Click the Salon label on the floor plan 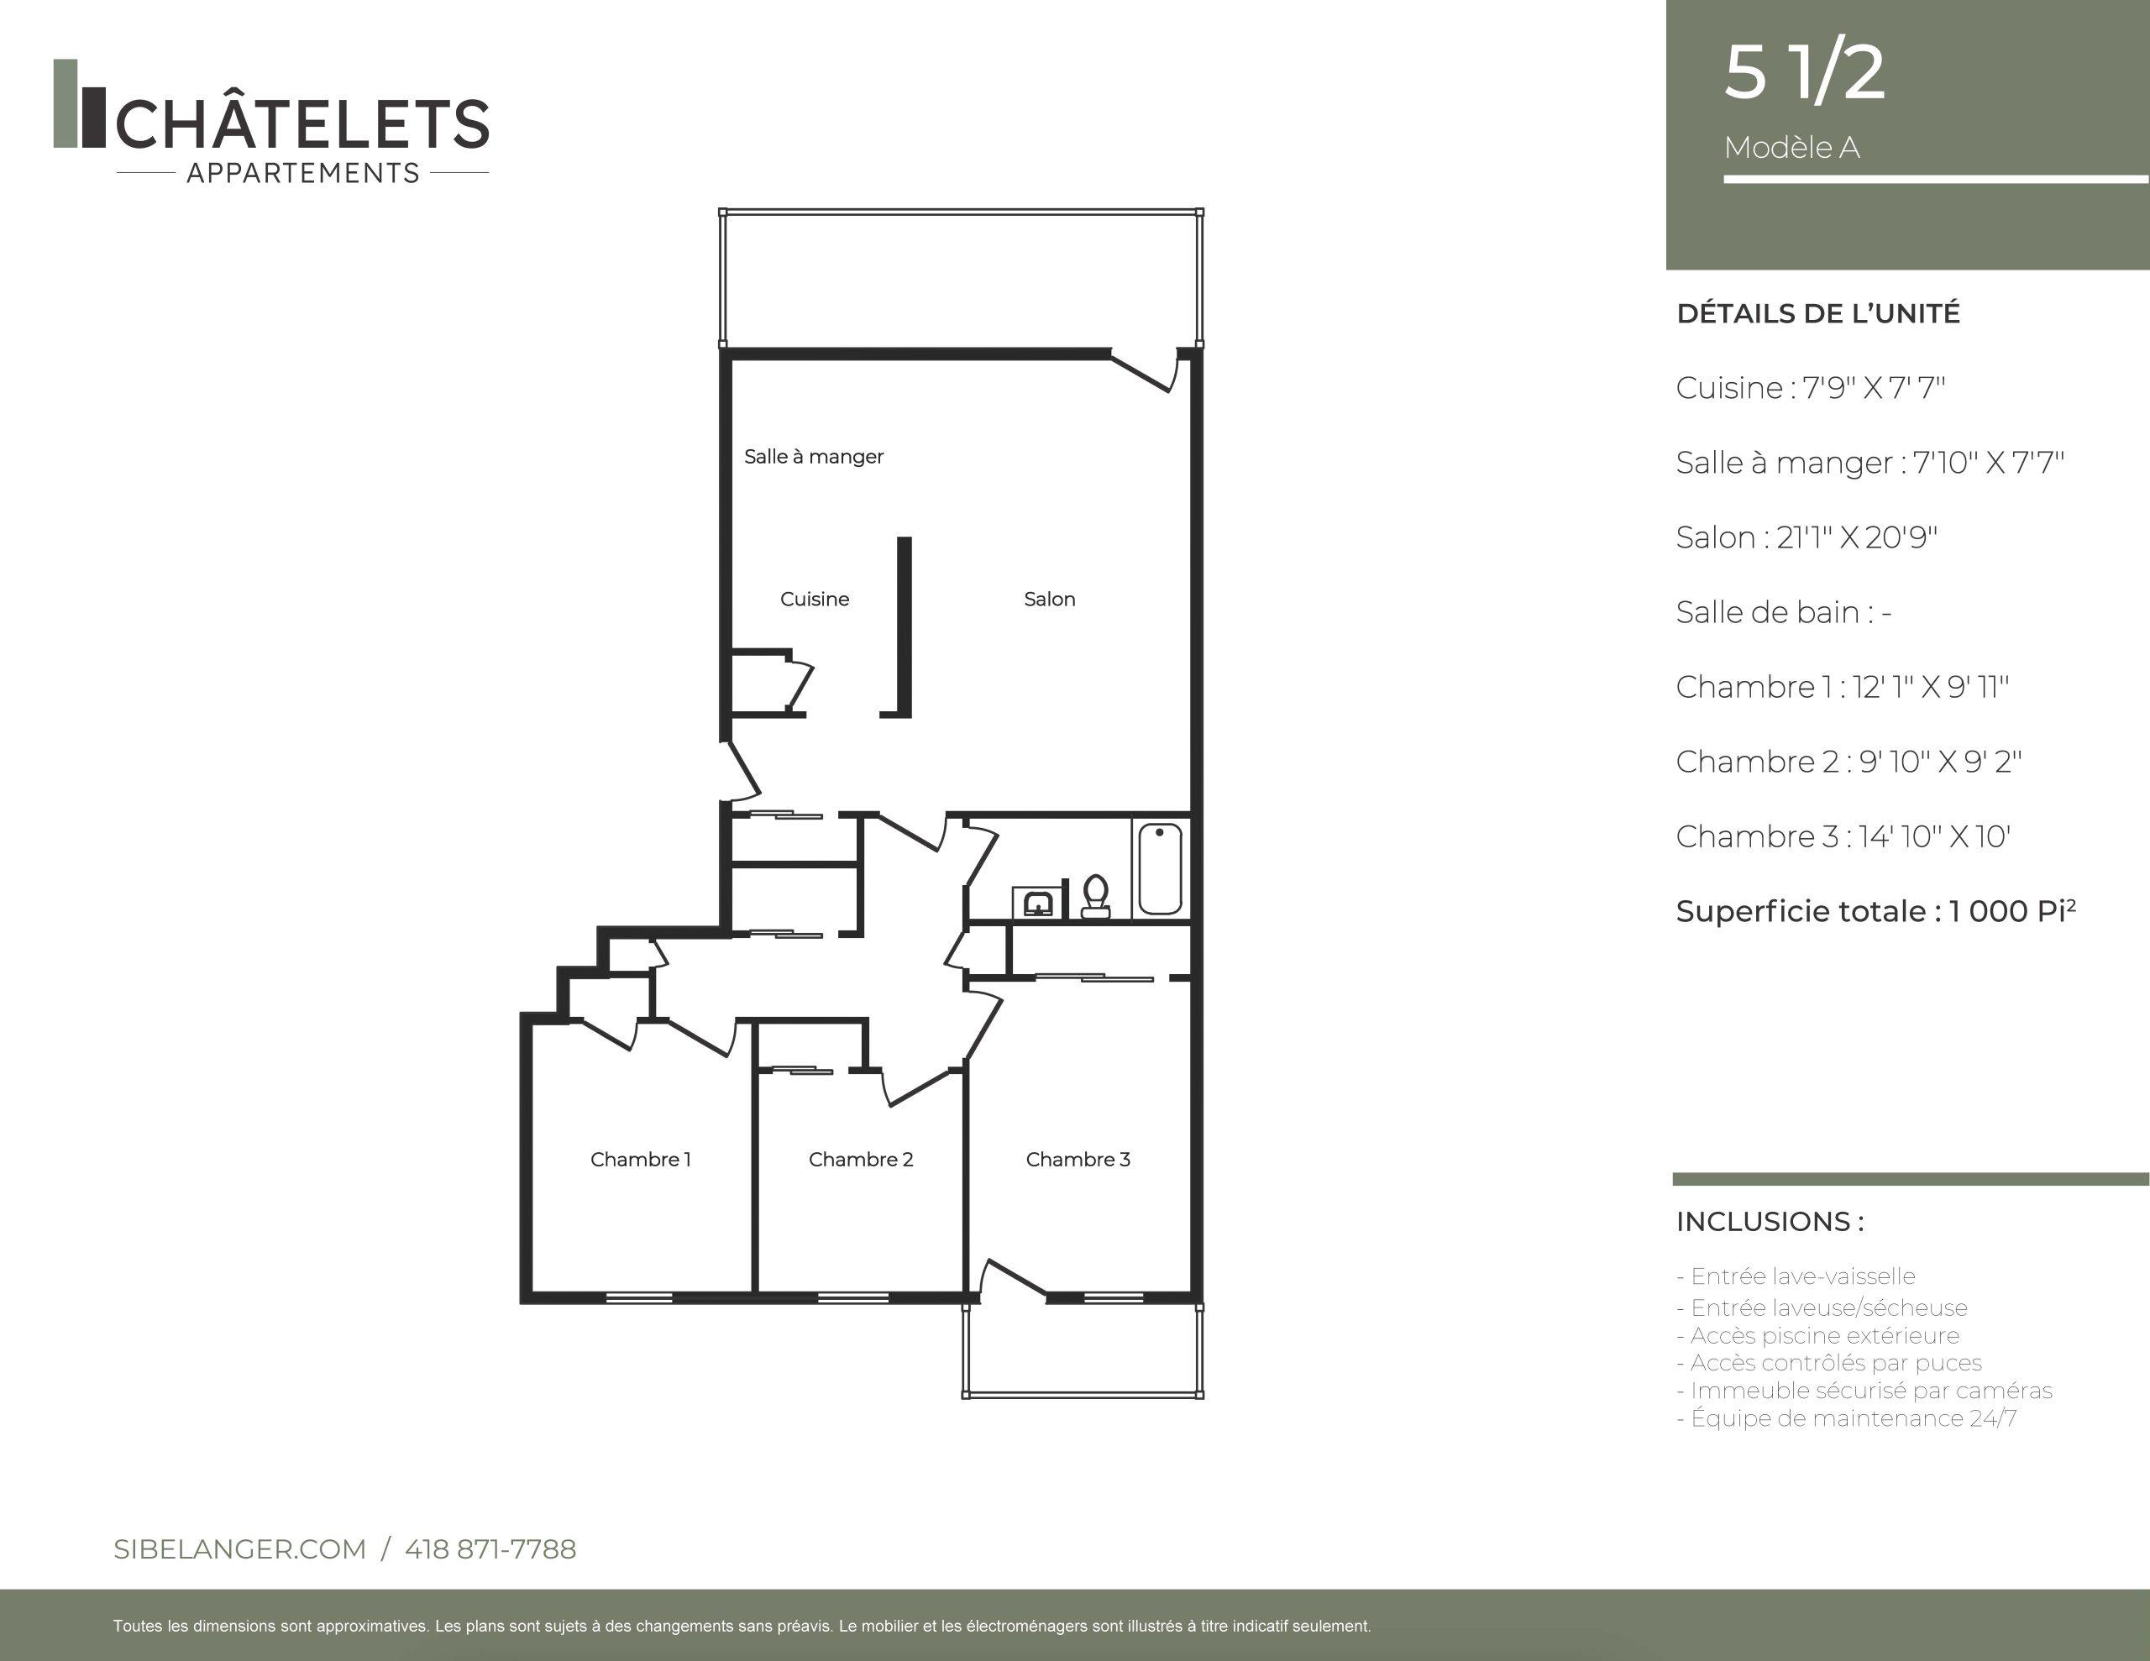point(1050,599)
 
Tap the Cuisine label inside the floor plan point(814,599)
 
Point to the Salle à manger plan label point(813,456)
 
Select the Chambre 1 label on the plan point(640,1159)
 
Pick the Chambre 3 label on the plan point(1078,1159)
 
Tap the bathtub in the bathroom point(1160,868)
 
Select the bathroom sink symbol point(1037,902)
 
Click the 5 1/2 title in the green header point(1805,72)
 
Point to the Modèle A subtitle point(1791,148)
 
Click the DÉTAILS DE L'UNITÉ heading point(1818,313)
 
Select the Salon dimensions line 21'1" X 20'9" point(1807,537)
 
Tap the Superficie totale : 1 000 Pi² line point(1875,911)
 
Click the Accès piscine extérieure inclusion point(1817,1336)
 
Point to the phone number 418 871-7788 point(490,1548)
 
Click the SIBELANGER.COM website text point(239,1548)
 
